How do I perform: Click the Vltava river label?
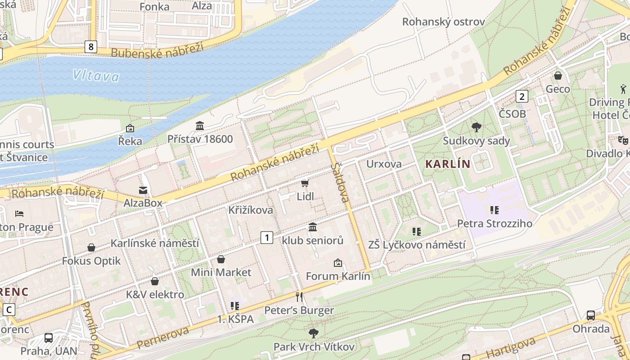tap(96, 75)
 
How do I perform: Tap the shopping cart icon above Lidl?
tap(305, 183)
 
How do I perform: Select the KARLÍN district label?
tap(447, 164)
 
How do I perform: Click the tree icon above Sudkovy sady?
tap(476, 127)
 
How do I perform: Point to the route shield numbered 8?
tap(91, 46)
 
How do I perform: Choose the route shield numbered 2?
tap(522, 96)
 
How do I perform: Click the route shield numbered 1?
tap(267, 237)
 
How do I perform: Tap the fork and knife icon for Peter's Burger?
tap(299, 297)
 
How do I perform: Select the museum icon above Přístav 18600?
tap(200, 126)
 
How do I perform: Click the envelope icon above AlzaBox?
tap(143, 190)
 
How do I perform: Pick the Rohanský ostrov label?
tap(443, 22)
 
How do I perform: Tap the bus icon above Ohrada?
tap(591, 315)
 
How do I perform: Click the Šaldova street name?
tap(341, 182)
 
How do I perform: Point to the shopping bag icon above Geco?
tap(558, 76)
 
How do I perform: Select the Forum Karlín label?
tap(338, 276)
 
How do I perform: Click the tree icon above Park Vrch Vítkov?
tap(314, 333)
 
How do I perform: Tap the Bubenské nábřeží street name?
tap(157, 50)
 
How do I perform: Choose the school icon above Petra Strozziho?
tap(495, 210)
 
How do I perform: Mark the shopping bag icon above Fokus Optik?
tap(91, 247)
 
